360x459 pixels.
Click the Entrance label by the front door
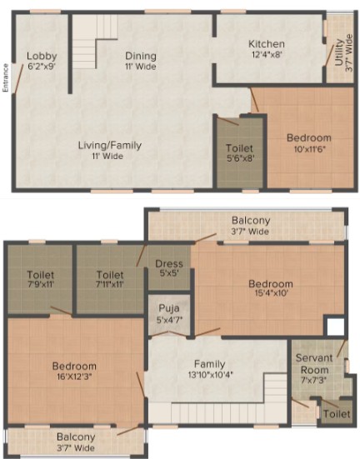(6, 77)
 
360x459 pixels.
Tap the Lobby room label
(42, 56)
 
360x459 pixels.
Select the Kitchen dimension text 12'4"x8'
(267, 54)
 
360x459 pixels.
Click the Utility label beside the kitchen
(339, 52)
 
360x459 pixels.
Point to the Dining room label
(141, 56)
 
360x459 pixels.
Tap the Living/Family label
(109, 146)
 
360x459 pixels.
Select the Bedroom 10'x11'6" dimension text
(310, 149)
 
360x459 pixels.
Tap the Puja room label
(169, 308)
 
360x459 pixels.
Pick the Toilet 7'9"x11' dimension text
(41, 284)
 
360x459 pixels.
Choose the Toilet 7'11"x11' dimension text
(110, 284)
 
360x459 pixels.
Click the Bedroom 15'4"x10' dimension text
(271, 292)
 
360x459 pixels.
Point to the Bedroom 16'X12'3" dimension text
(74, 376)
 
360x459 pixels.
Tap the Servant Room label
(314, 364)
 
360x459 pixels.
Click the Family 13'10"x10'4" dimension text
(210, 374)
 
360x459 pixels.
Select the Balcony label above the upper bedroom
(251, 220)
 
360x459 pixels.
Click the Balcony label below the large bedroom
(76, 437)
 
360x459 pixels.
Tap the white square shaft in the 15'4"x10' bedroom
(336, 327)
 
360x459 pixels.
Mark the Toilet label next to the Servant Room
(337, 414)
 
